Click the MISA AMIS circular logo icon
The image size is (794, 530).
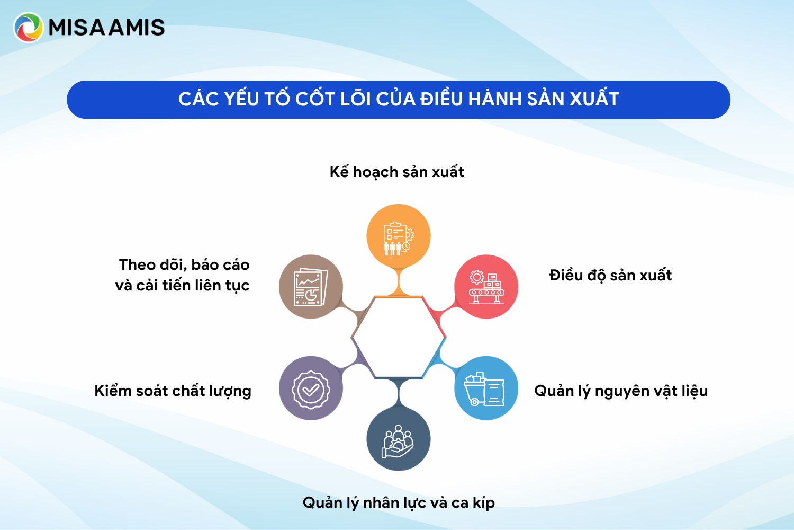tap(28, 27)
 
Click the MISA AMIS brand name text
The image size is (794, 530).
tap(106, 28)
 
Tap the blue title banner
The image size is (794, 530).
tap(398, 100)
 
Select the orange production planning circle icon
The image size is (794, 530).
tap(398, 236)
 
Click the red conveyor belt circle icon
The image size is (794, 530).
tap(486, 287)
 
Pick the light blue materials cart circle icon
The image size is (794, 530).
tap(486, 388)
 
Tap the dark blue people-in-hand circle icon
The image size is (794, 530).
tap(398, 439)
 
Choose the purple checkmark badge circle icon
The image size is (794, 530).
tap(311, 388)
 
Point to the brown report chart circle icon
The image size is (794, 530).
tap(311, 287)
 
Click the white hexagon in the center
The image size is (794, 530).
tap(398, 337)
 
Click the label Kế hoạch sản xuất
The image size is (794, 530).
tap(396, 172)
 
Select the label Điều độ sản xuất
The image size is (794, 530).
tap(610, 276)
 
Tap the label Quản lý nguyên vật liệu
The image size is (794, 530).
tap(621, 391)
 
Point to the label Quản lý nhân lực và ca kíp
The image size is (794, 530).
tap(399, 502)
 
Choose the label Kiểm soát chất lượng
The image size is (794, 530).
tap(173, 391)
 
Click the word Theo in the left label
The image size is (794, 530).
tap(136, 264)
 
